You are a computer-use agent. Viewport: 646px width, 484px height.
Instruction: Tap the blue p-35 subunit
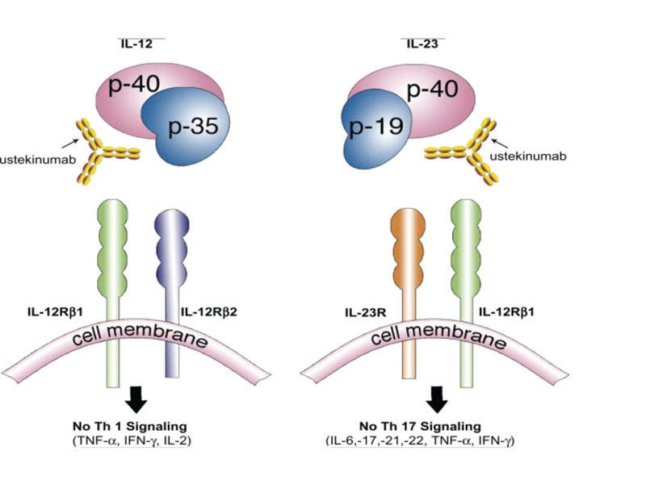point(187,129)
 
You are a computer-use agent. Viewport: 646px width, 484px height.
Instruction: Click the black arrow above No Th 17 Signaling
point(437,398)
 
